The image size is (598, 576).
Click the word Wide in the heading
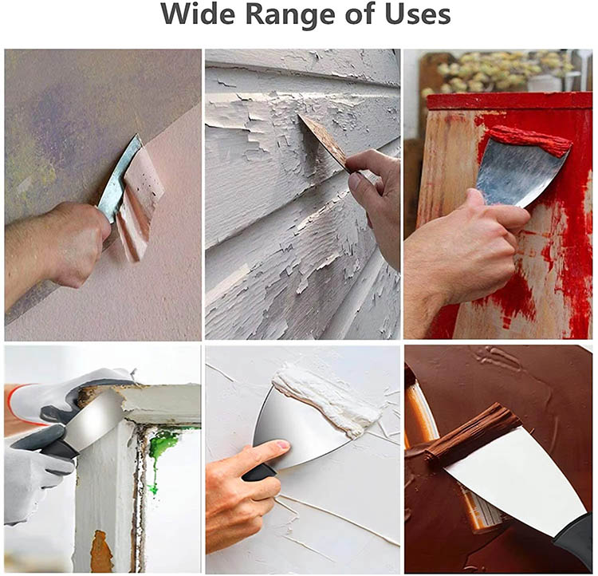click(199, 14)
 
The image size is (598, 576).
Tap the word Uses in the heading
click(418, 14)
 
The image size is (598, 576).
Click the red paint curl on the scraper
click(530, 141)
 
